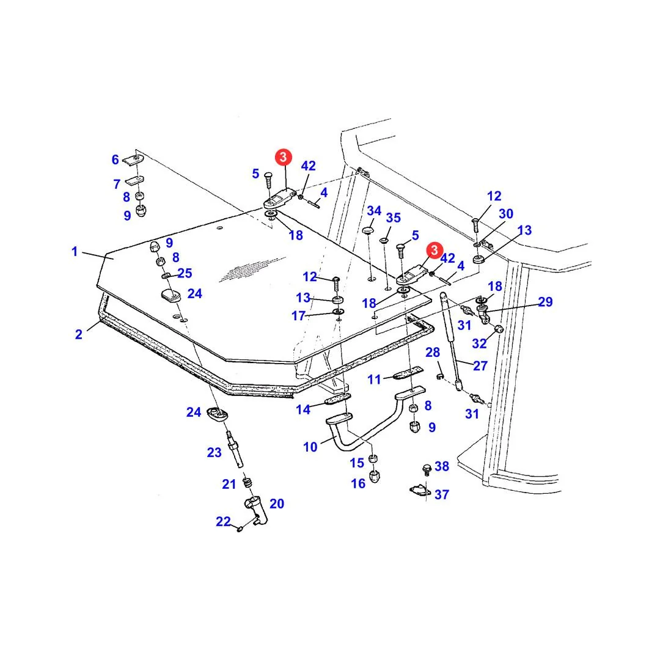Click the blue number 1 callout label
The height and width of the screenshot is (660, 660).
click(75, 251)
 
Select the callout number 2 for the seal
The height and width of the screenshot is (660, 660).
click(79, 334)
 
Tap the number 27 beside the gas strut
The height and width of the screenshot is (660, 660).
click(480, 366)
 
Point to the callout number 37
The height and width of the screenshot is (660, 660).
click(442, 494)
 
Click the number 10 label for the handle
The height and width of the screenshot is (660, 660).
click(310, 447)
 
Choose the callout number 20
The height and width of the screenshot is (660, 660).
click(277, 504)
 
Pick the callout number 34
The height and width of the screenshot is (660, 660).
click(374, 210)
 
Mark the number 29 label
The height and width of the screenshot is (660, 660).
click(545, 302)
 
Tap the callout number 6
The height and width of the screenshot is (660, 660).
click(115, 159)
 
